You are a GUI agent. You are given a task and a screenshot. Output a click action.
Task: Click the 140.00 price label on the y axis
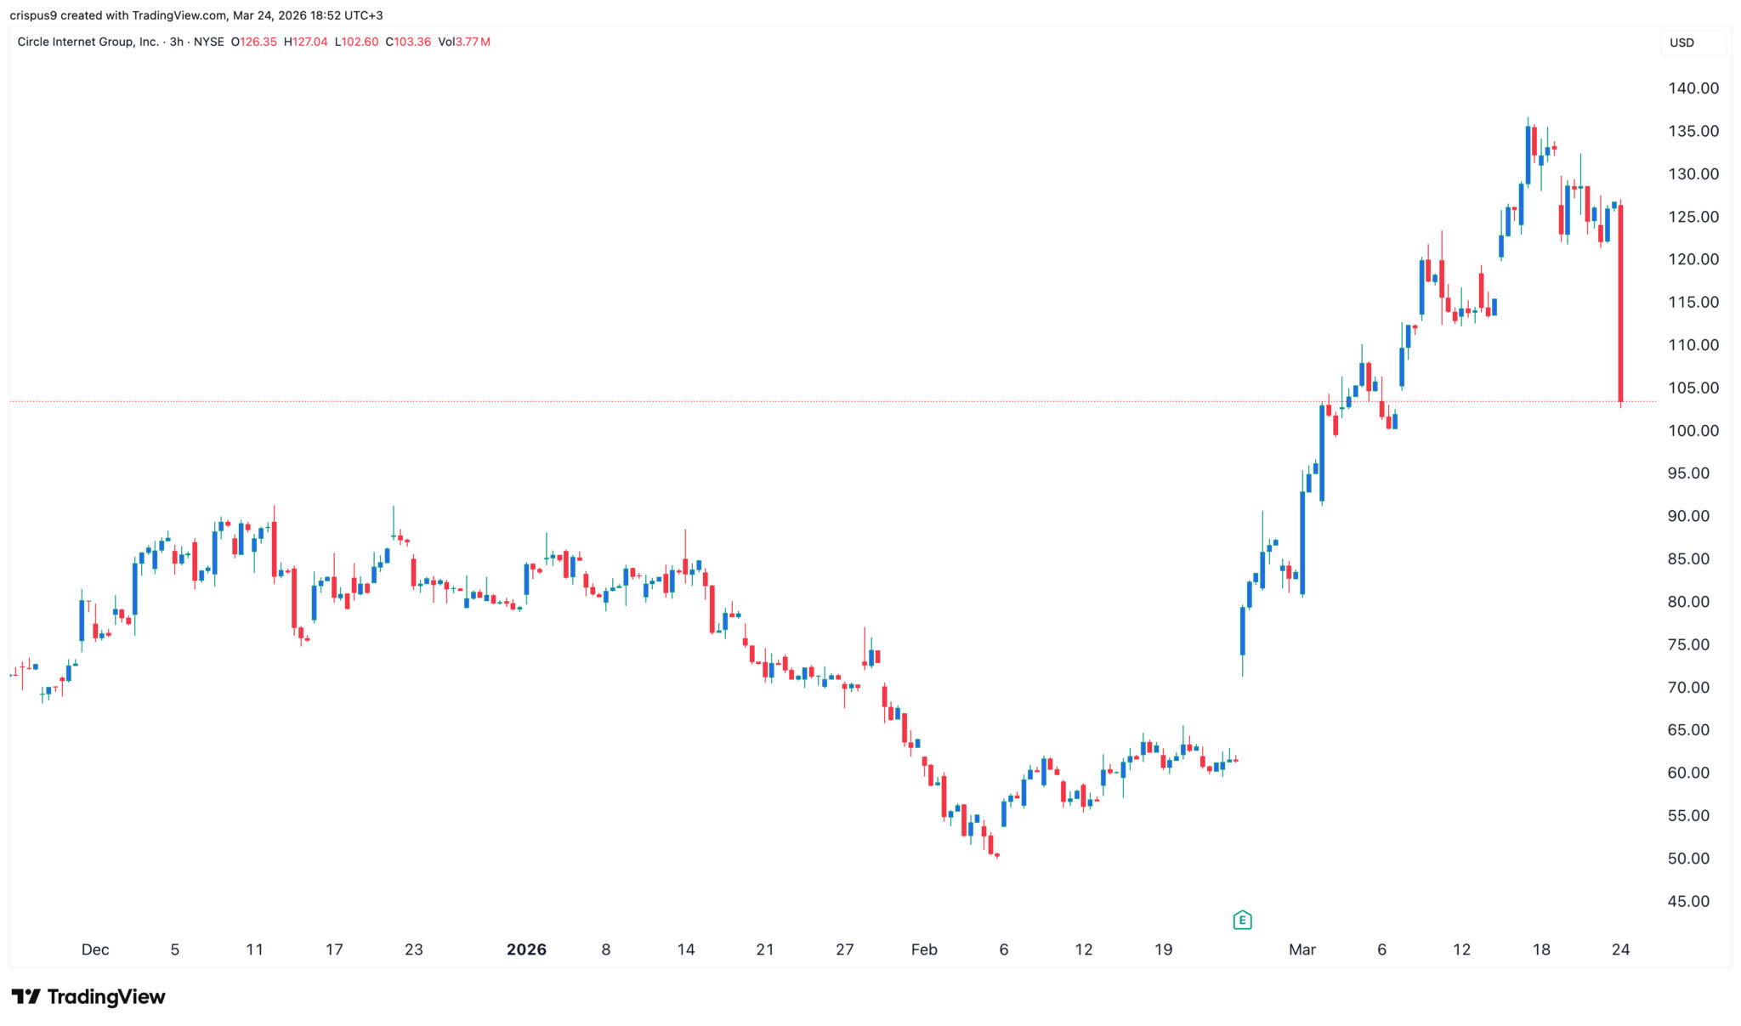pos(1693,88)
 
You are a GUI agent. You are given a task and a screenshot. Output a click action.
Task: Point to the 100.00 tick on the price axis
pos(1693,431)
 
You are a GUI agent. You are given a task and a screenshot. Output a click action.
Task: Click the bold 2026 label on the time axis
pos(526,949)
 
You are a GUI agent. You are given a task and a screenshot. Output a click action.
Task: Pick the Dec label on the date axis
pos(95,949)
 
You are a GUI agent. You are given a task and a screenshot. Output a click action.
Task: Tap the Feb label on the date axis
pos(924,949)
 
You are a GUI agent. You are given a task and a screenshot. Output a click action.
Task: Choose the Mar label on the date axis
pos(1301,949)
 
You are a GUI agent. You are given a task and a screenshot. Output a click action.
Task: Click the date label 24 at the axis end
pos(1620,949)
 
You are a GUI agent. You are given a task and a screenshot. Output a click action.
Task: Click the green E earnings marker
pos(1242,920)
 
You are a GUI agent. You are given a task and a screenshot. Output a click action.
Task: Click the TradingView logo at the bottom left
pos(88,996)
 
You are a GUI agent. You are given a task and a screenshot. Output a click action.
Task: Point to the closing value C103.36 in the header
pos(408,42)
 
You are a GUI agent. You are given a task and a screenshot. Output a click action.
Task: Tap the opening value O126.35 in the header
pos(253,42)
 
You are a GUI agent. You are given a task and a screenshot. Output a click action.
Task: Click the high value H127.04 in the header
pos(305,42)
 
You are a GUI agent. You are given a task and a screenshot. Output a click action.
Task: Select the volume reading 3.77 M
pos(473,42)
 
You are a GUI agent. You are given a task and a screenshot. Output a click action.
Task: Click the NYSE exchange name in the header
pos(208,42)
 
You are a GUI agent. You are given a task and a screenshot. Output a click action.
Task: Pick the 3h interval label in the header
pos(177,42)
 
